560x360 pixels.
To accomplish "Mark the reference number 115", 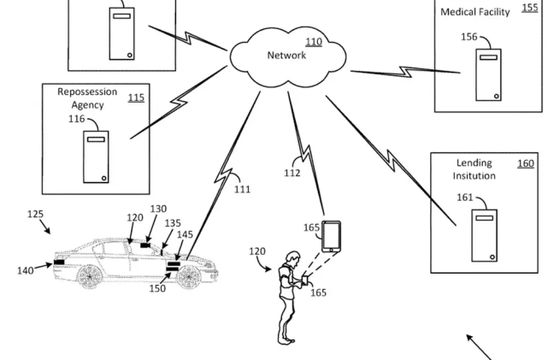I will click(x=136, y=98).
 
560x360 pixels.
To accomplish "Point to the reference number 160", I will click(x=525, y=162).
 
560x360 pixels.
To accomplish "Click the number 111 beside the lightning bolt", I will click(x=242, y=190).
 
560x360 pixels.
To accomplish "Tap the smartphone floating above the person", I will click(x=332, y=236).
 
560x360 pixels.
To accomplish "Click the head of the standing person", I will click(x=292, y=256).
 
